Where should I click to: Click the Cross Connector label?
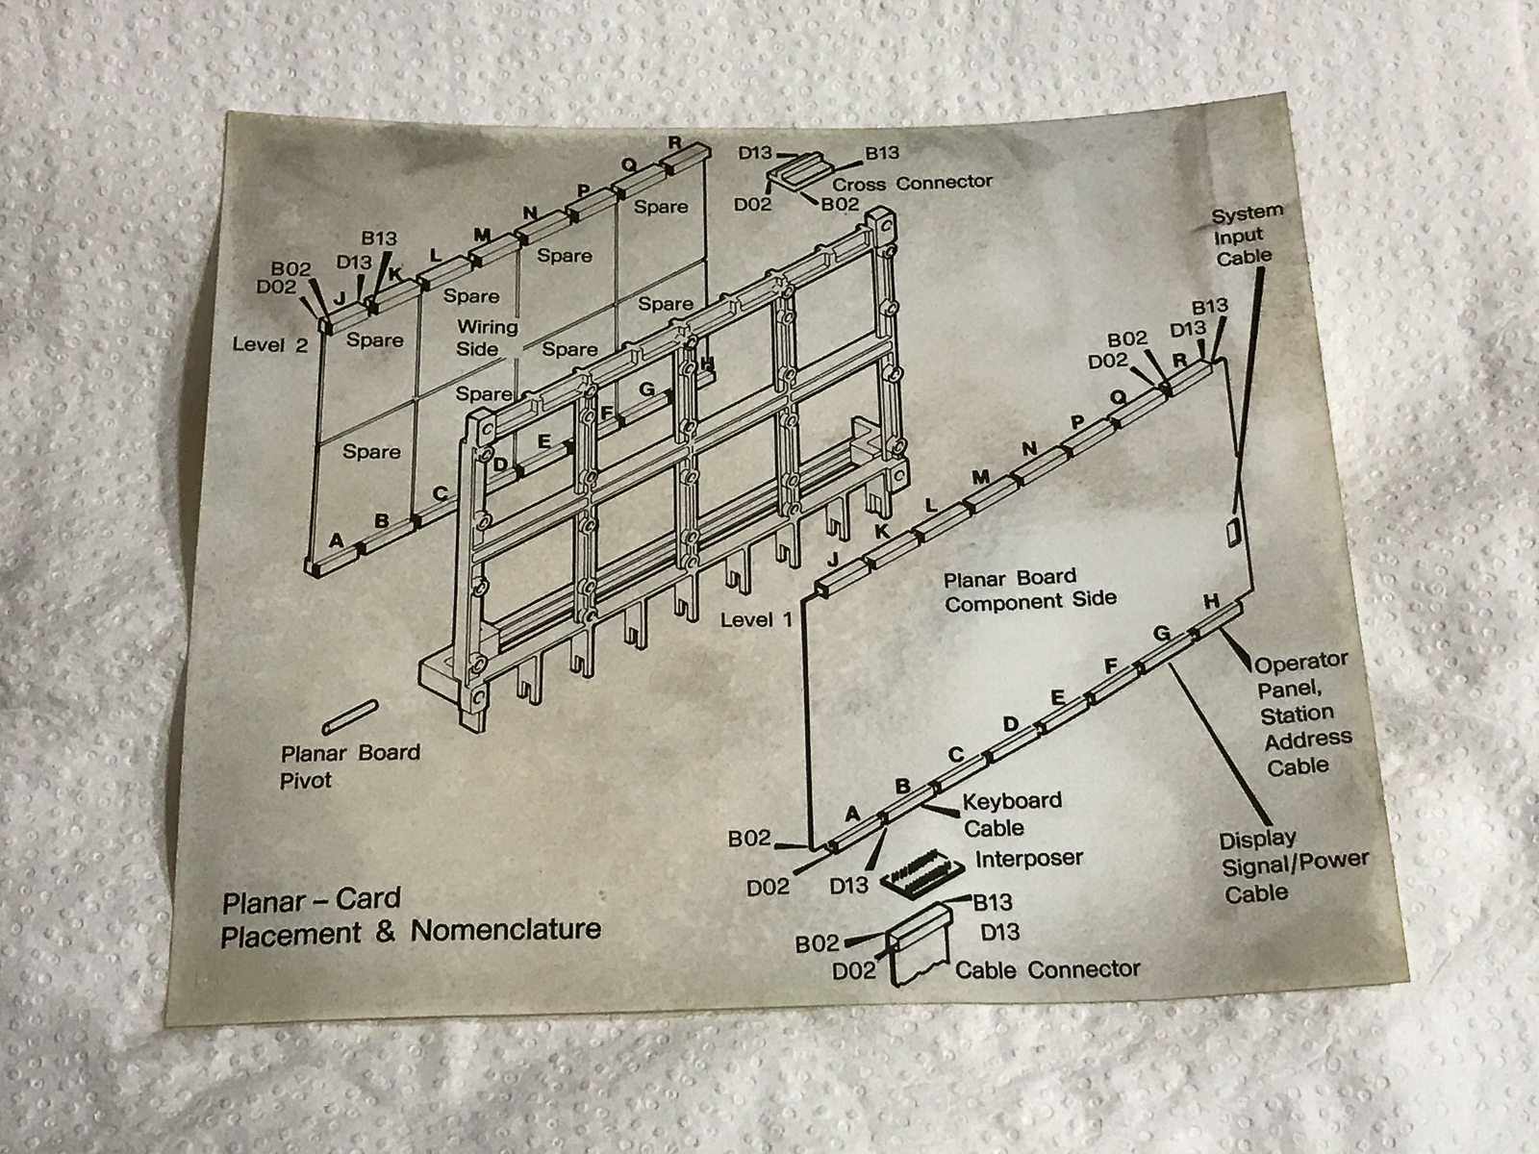pyautogui.click(x=912, y=183)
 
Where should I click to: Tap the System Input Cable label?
pyautogui.click(x=1246, y=235)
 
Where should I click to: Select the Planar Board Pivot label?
pyautogui.click(x=350, y=765)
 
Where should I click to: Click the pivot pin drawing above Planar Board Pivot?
pyautogui.click(x=351, y=715)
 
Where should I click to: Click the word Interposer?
pyautogui.click(x=1029, y=858)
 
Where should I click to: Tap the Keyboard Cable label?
pyautogui.click(x=1010, y=814)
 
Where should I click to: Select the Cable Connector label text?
pyautogui.click(x=1047, y=969)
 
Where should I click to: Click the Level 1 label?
pyautogui.click(x=756, y=619)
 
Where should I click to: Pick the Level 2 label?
pyautogui.click(x=270, y=344)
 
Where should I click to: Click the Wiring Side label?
pyautogui.click(x=486, y=338)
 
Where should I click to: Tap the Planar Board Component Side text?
pyautogui.click(x=1028, y=590)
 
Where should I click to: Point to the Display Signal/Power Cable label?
pyautogui.click(x=1292, y=865)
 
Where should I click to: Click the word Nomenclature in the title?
pyautogui.click(x=506, y=930)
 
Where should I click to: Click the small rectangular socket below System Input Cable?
pyautogui.click(x=1232, y=532)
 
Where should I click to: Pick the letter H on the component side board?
pyautogui.click(x=1211, y=601)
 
